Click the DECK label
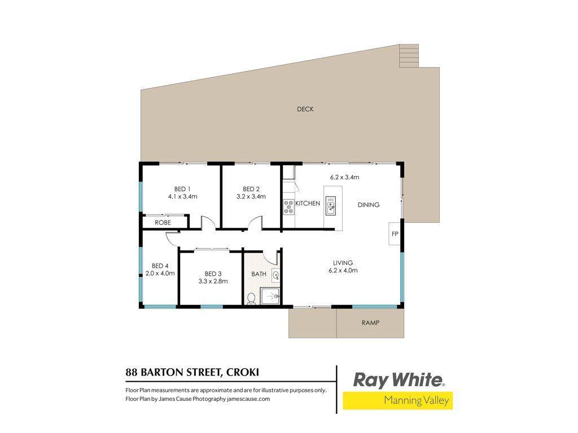click(x=305, y=109)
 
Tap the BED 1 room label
click(x=182, y=189)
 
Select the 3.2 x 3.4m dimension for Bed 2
click(x=251, y=197)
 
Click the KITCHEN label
click(x=308, y=203)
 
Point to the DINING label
click(x=369, y=205)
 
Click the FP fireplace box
click(x=395, y=233)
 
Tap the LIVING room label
click(x=343, y=263)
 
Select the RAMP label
click(x=370, y=322)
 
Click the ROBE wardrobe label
click(x=163, y=223)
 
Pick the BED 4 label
click(x=160, y=266)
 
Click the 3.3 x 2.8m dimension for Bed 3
click(x=213, y=281)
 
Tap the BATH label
click(x=259, y=274)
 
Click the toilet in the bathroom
click(x=251, y=298)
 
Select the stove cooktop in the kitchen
click(x=288, y=206)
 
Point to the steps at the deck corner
click(x=409, y=56)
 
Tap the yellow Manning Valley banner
click(x=398, y=401)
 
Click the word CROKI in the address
click(x=243, y=372)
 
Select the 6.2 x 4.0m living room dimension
click(x=343, y=270)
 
